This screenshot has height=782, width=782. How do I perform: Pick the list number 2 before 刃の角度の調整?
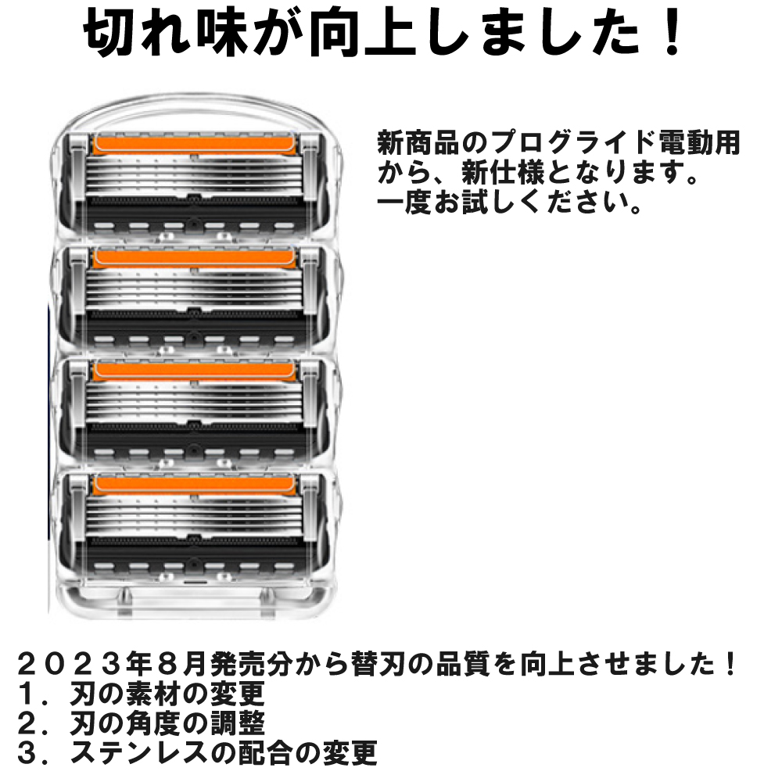click(x=30, y=723)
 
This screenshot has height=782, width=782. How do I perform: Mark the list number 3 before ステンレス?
click(x=30, y=752)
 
